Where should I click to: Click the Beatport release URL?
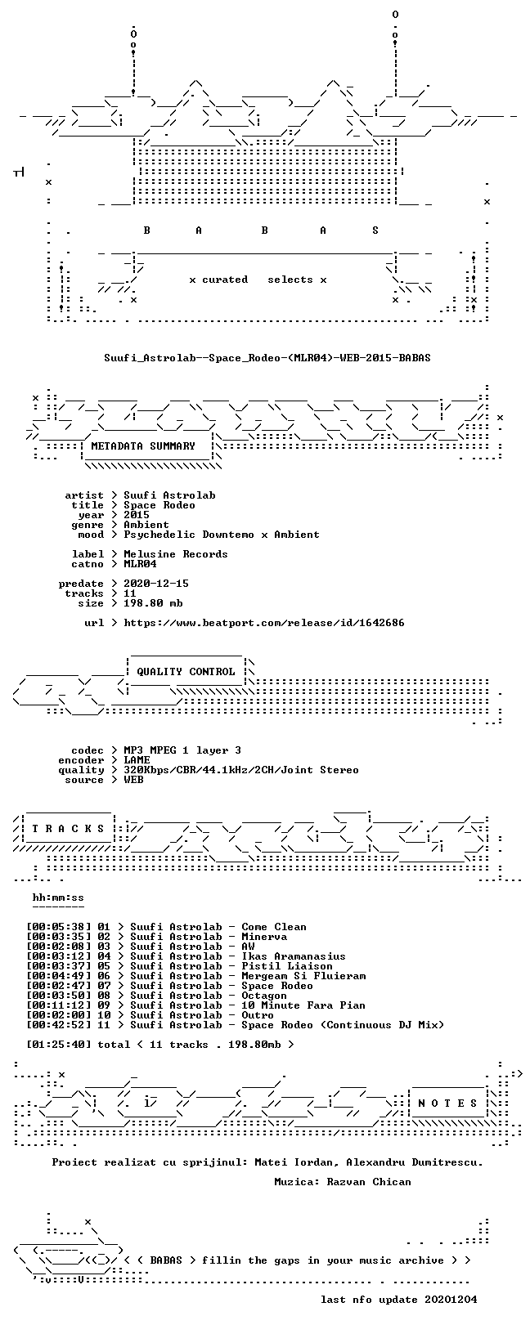point(264,623)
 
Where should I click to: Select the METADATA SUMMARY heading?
point(143,446)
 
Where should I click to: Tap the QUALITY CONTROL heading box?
point(186,672)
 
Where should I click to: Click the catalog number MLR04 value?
point(140,564)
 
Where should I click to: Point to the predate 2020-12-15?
point(156,584)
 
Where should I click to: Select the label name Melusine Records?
point(176,554)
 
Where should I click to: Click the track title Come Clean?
point(274,927)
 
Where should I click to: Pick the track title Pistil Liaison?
point(287,966)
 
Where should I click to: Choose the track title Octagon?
point(264,996)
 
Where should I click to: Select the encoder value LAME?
point(137,760)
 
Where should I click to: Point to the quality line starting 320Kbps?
point(241,770)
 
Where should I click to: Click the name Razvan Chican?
point(369,1181)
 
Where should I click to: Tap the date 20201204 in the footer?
point(451,1300)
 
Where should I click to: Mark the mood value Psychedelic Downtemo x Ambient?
point(221,535)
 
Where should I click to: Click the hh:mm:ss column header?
point(58,898)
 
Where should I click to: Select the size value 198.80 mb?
point(153,603)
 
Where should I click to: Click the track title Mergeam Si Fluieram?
point(303,976)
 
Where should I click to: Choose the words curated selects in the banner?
point(258,280)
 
